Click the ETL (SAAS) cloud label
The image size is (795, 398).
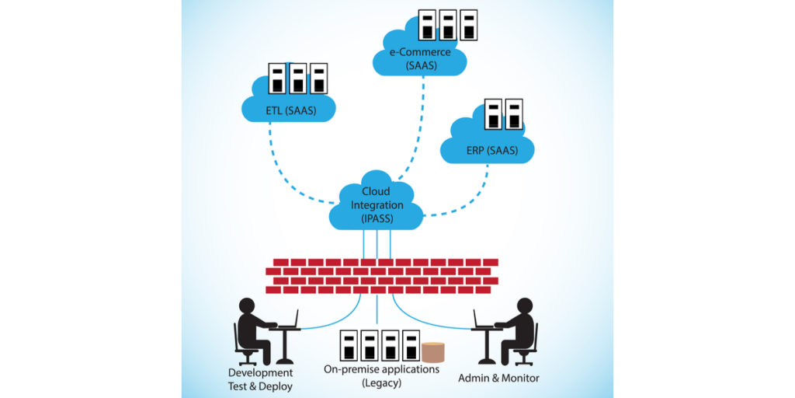click(290, 110)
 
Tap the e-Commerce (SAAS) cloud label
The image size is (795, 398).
click(421, 59)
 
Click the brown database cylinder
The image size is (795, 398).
click(434, 351)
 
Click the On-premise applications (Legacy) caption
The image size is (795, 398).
click(381, 375)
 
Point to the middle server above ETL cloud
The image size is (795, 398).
click(297, 79)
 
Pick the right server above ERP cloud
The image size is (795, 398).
click(513, 114)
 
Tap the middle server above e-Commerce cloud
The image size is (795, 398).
click(446, 25)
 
